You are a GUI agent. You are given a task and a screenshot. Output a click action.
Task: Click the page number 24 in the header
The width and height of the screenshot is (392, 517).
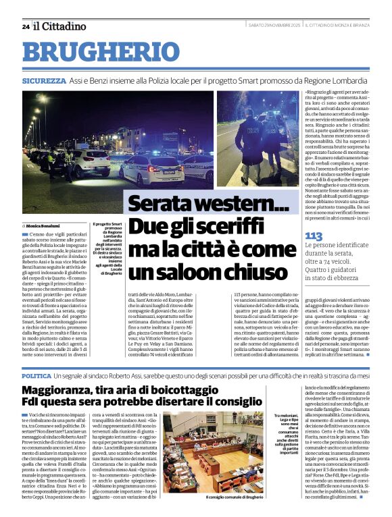[x=25, y=27]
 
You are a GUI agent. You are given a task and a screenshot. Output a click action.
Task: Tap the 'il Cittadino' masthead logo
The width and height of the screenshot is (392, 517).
[x=60, y=26]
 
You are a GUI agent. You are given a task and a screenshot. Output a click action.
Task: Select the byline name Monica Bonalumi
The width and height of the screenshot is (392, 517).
[x=43, y=225]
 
